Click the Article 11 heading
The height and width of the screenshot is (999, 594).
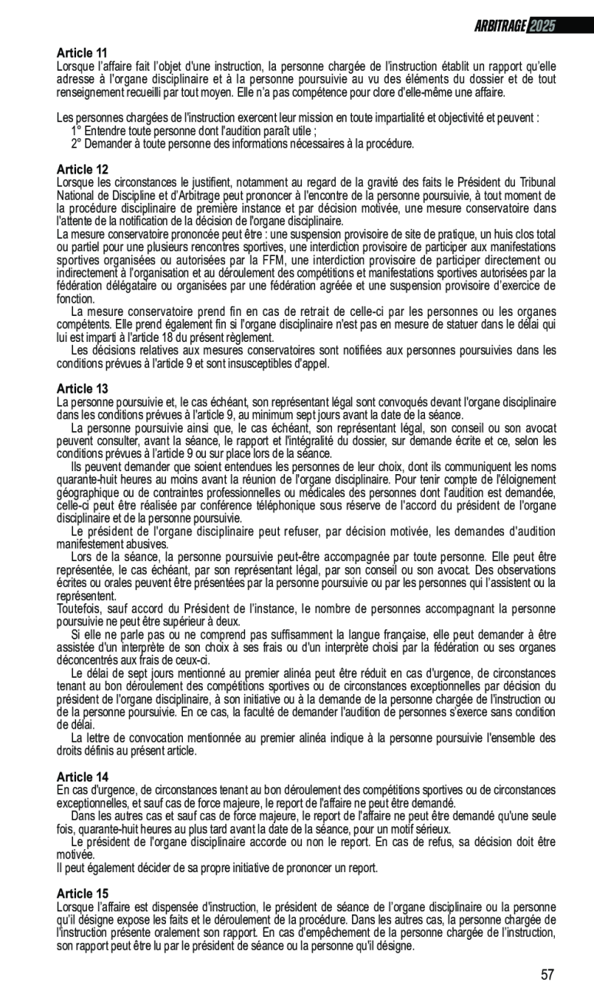point(82,53)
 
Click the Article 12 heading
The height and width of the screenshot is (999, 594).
point(82,169)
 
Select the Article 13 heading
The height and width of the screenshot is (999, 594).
point(82,389)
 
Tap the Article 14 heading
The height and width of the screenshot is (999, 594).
point(82,777)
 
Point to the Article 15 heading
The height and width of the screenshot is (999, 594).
point(82,893)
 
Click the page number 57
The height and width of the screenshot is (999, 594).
point(547,974)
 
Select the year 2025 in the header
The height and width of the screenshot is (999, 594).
point(542,26)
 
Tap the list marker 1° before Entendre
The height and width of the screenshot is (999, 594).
point(77,131)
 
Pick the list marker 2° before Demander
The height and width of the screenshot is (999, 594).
point(77,143)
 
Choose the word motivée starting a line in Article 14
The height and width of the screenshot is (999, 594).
point(75,855)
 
